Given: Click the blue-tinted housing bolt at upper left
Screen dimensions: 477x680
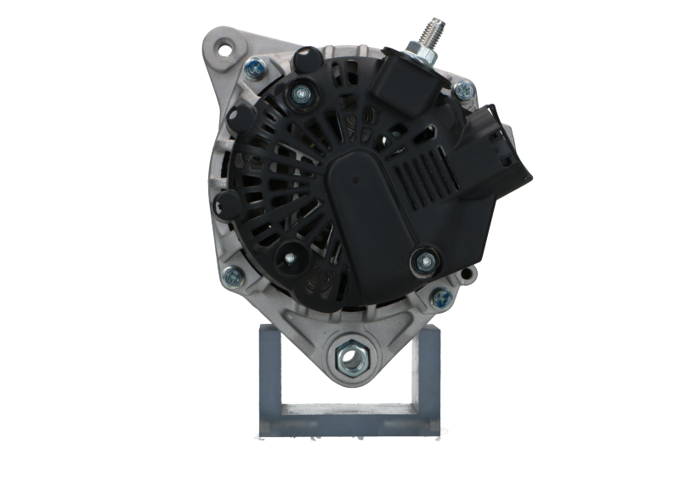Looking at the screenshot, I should (252, 71).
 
